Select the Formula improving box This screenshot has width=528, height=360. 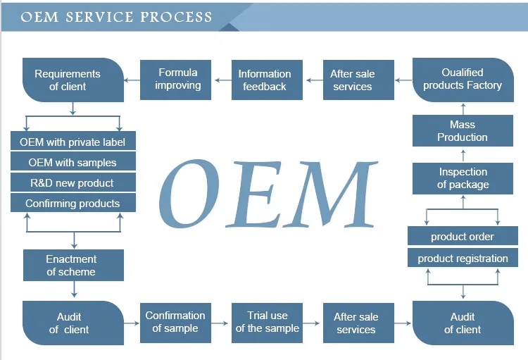(x=178, y=79)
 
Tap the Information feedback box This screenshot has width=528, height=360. (x=264, y=80)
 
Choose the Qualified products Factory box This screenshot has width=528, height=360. (x=463, y=80)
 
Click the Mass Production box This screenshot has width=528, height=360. (x=463, y=131)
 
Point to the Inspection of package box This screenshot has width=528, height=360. (x=463, y=178)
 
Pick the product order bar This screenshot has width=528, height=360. (x=463, y=237)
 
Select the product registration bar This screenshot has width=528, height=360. (x=463, y=258)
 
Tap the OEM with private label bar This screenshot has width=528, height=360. (x=73, y=142)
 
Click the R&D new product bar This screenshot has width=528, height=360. (x=73, y=182)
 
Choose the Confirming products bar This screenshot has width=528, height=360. (x=73, y=204)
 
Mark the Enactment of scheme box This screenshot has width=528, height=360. (x=73, y=266)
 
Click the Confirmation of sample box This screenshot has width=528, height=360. (x=175, y=322)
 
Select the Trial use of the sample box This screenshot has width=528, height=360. (x=268, y=322)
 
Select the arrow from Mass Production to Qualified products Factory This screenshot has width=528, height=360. (x=463, y=108)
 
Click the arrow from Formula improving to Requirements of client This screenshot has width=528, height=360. (x=132, y=80)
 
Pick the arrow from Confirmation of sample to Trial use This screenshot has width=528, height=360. (x=220, y=323)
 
